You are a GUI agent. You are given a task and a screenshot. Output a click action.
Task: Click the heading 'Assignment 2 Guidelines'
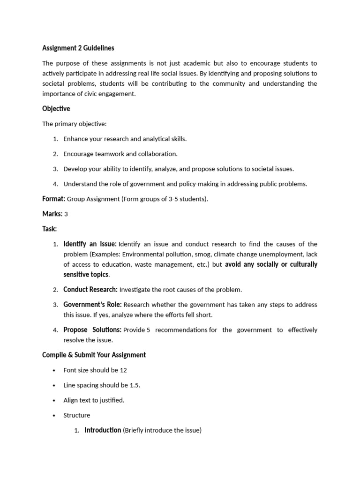[78, 48]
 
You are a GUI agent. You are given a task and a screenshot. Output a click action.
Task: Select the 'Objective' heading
[56, 109]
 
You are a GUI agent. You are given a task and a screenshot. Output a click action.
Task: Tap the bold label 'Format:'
[53, 199]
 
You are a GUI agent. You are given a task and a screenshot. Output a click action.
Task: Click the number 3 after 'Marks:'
[66, 214]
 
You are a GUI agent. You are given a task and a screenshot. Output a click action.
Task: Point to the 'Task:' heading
[49, 229]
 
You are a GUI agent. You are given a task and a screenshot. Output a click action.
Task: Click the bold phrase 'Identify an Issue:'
[90, 244]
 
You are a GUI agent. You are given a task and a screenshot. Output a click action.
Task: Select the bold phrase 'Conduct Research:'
[90, 289]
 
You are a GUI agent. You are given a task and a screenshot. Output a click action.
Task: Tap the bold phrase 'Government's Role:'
[92, 305]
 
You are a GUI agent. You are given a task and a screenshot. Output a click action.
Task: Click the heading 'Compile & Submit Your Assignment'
[94, 355]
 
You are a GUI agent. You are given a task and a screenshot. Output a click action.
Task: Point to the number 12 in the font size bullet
[123, 370]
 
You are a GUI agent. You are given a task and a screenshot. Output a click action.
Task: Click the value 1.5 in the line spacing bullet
[135, 385]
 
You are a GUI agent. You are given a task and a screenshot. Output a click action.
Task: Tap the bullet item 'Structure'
[77, 415]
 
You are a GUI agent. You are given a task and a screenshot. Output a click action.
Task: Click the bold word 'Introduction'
[103, 430]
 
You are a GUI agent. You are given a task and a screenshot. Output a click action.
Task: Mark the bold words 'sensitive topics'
[86, 274]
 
